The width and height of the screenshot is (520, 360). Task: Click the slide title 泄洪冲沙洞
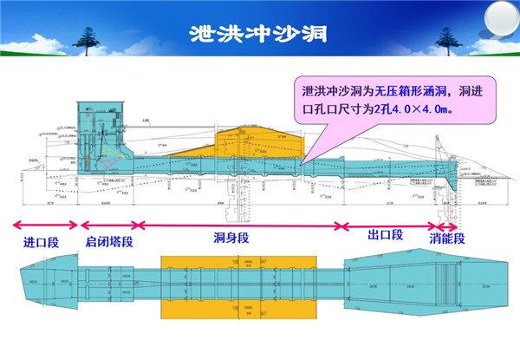pyautogui.click(x=260, y=33)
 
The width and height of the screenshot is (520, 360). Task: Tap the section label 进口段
pyautogui.click(x=41, y=243)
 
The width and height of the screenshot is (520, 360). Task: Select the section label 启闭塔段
pyautogui.click(x=109, y=243)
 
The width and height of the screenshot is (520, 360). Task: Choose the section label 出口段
pyautogui.click(x=386, y=236)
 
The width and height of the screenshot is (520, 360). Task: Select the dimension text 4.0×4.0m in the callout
pyautogui.click(x=423, y=110)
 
